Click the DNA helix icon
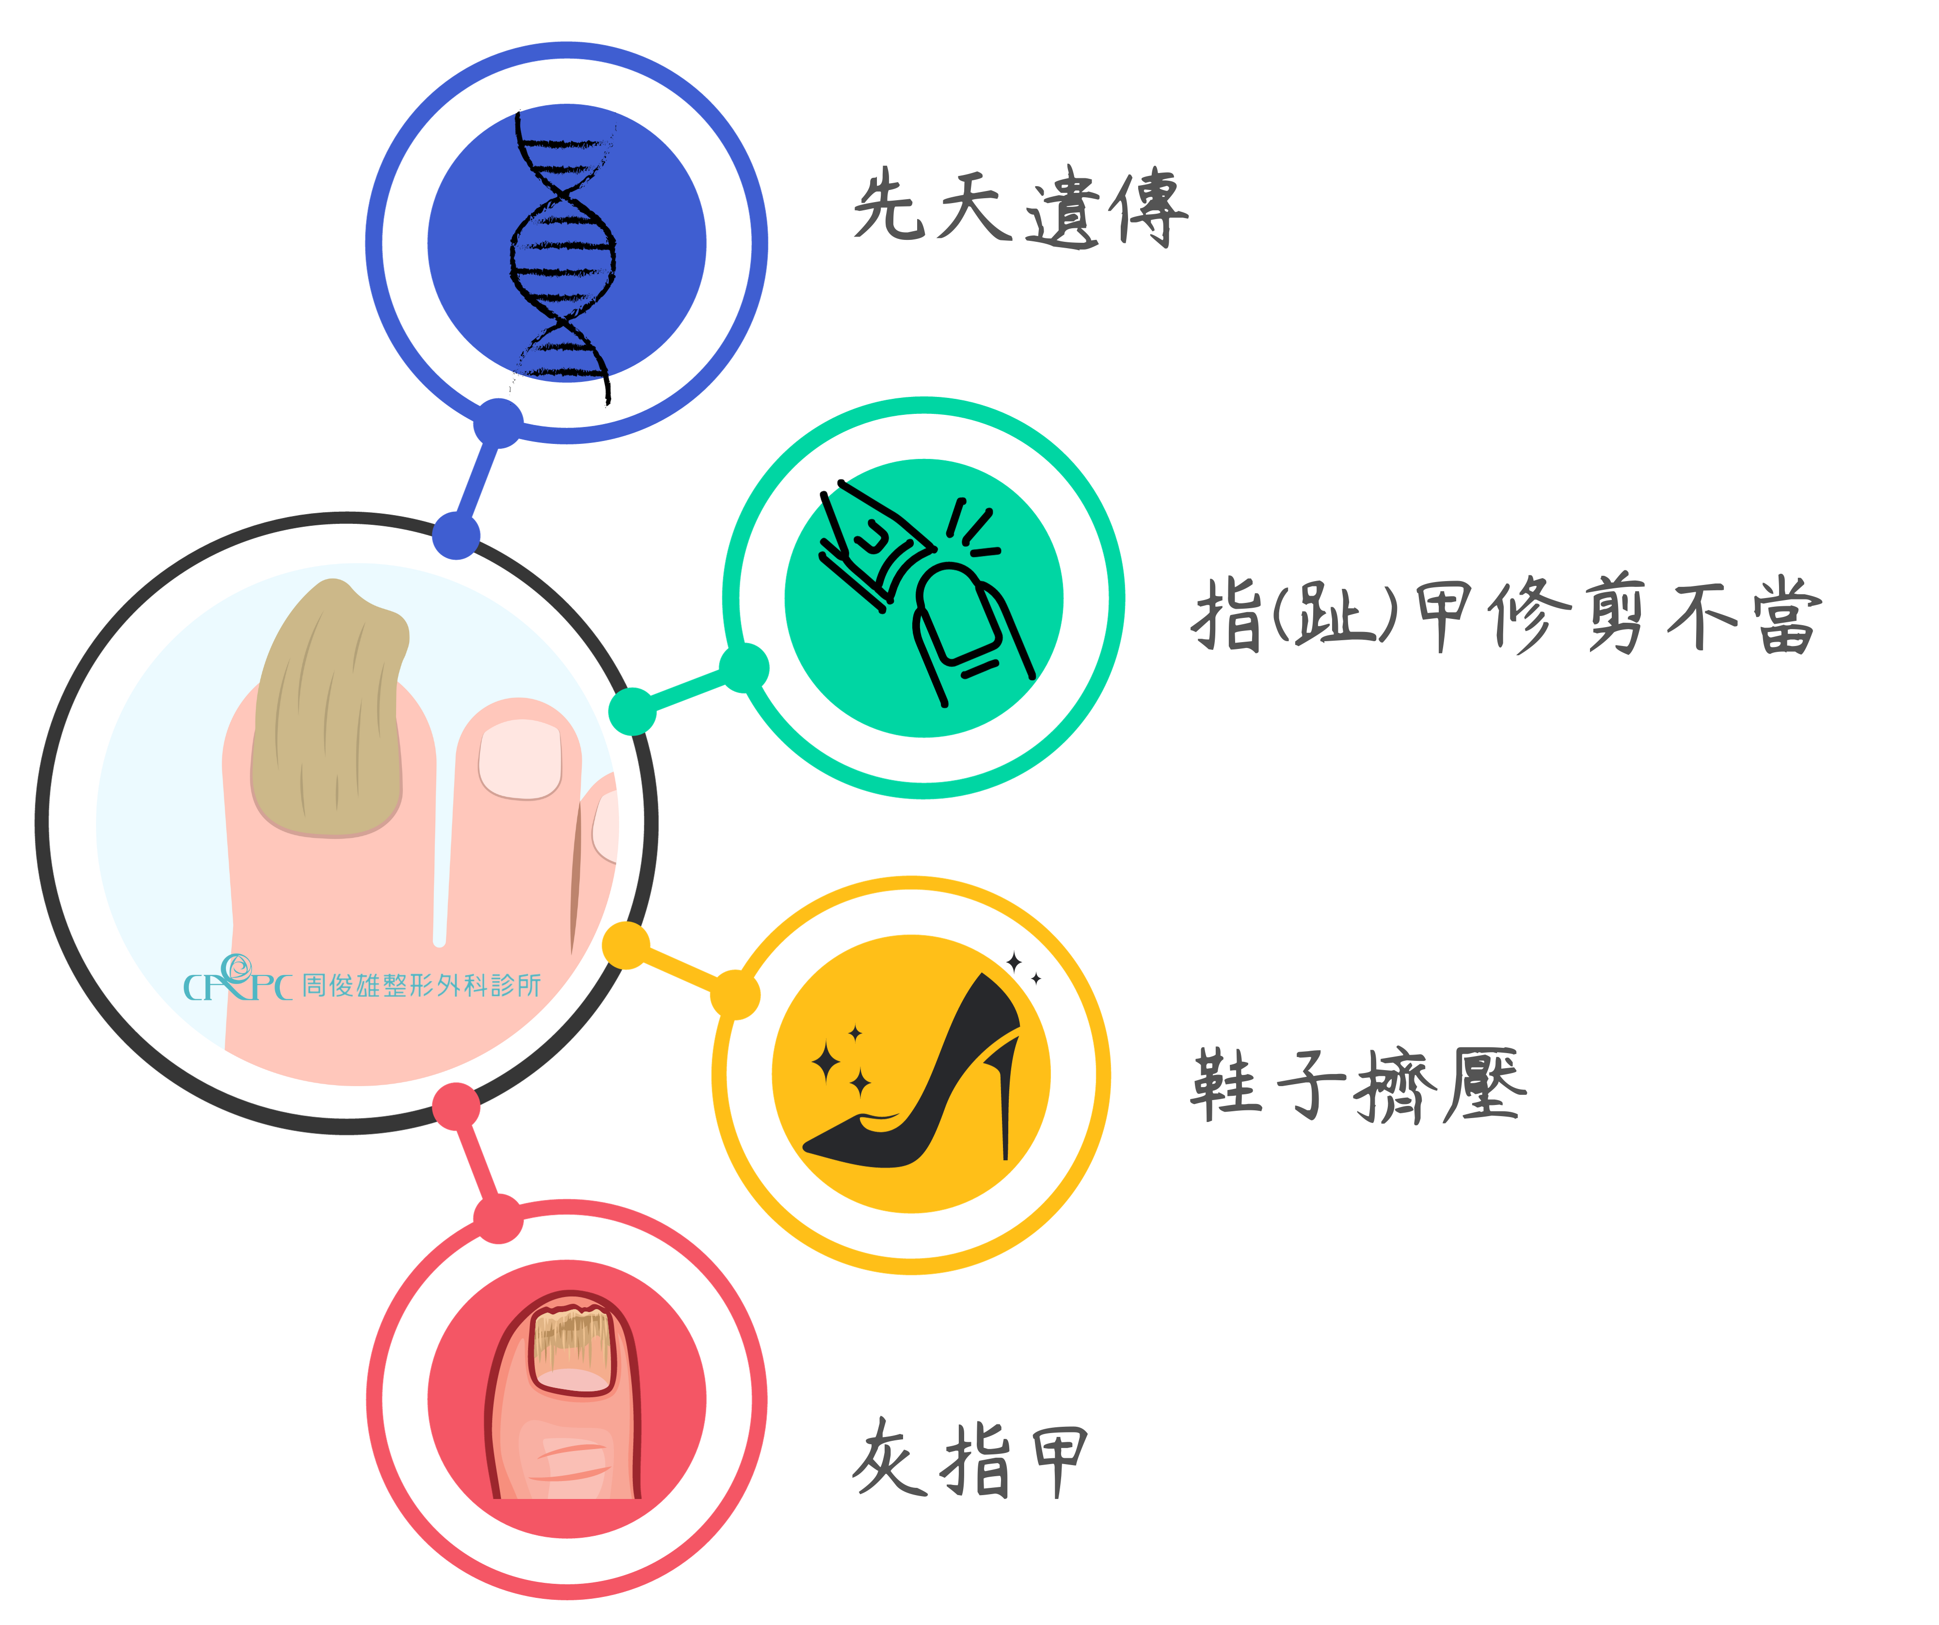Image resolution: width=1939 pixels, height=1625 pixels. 563,245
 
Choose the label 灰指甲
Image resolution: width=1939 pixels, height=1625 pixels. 969,1459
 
